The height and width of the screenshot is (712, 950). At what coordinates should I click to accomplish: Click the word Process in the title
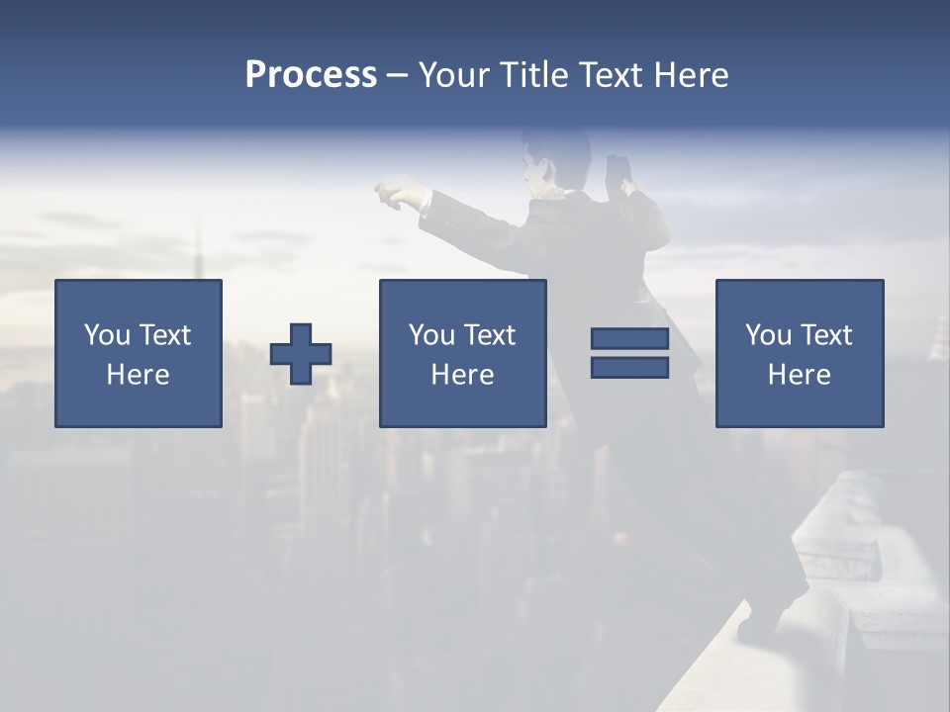[311, 75]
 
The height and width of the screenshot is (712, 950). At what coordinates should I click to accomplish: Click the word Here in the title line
[692, 75]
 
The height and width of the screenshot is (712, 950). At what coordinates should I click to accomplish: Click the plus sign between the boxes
[301, 354]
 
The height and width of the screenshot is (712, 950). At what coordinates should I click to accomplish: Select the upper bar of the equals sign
[629, 339]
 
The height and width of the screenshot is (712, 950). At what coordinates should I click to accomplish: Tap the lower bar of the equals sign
[629, 367]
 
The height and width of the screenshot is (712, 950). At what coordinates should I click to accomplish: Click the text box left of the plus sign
[139, 354]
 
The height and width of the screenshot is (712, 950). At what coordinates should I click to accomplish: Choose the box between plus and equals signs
[462, 354]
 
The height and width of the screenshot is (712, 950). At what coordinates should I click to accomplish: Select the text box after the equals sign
[799, 354]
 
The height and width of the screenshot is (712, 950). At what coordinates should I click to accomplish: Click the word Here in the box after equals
[799, 375]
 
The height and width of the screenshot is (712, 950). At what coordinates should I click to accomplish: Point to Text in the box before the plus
[165, 335]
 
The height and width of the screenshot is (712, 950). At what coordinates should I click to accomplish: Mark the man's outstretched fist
[392, 190]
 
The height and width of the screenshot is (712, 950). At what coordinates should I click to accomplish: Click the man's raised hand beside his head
[619, 170]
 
